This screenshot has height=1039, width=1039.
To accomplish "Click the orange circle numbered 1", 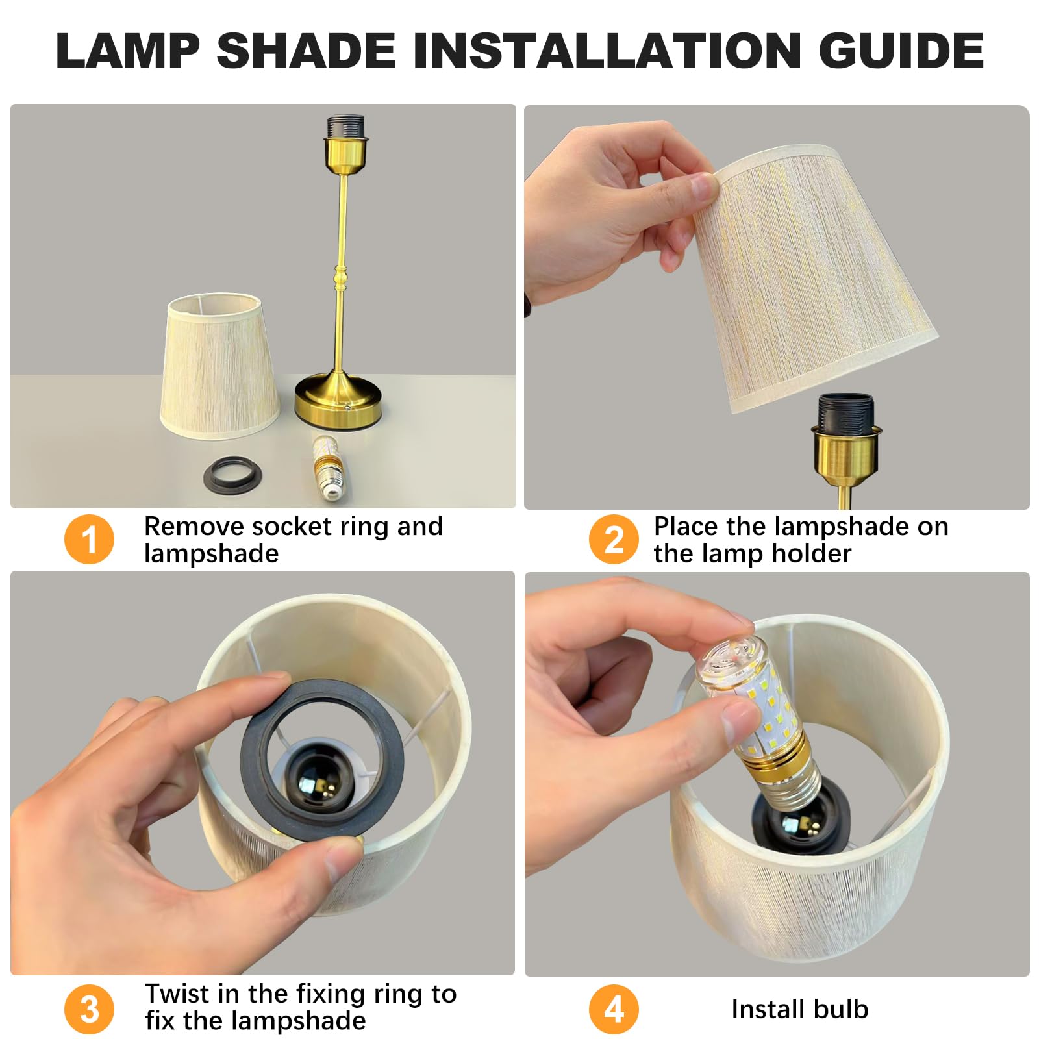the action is pyautogui.click(x=89, y=539).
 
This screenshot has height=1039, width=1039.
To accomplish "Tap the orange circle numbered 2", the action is pyautogui.click(x=614, y=539).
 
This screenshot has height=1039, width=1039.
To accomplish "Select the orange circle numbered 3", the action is pyautogui.click(x=89, y=1008).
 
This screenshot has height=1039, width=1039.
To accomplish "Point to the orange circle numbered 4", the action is pyautogui.click(x=614, y=1008).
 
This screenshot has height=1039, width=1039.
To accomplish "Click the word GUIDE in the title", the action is pyautogui.click(x=901, y=50).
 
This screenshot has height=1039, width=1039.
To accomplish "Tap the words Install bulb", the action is pyautogui.click(x=799, y=1009).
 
